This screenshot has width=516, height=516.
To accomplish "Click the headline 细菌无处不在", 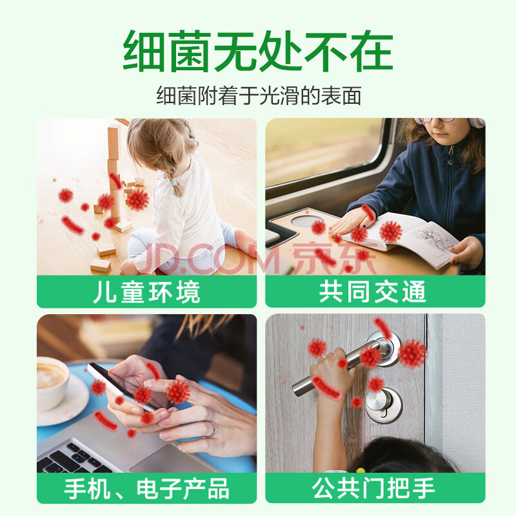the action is coord(258,51).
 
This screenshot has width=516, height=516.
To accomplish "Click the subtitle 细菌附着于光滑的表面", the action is coord(259,95).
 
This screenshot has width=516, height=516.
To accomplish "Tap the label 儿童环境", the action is coord(146,292).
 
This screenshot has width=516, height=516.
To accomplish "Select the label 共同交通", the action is coord(373,292).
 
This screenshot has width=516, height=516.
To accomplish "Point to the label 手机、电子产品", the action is coord(146,488).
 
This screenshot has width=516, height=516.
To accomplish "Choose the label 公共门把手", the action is coord(373,488).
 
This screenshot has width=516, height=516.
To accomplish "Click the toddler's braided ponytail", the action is coord(174,178).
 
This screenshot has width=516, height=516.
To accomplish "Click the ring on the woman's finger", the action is coord(213,430).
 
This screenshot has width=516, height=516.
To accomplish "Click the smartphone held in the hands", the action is coord(123,386).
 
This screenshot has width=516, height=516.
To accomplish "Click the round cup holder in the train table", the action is coord(308,220).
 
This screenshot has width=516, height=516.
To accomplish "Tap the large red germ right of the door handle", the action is coord(412,353).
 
